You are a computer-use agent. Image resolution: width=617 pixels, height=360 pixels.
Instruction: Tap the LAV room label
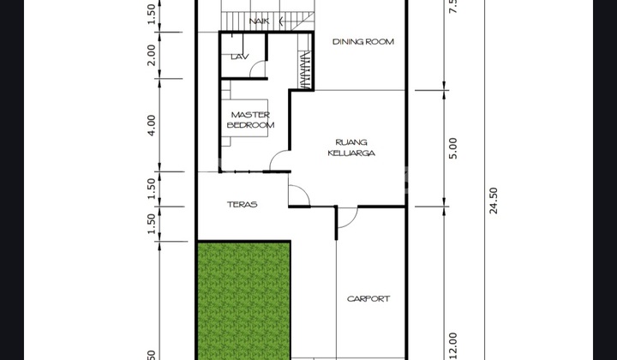coord(239,57)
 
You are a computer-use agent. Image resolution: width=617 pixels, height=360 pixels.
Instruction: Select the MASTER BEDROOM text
coord(251,120)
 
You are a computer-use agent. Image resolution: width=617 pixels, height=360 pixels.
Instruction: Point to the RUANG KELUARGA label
coord(351,147)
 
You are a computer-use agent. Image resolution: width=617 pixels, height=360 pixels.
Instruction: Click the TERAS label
coord(243,205)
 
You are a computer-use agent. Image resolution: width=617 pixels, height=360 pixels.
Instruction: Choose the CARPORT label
coord(368,299)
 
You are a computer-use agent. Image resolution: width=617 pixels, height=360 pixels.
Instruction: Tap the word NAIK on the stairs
coord(256,21)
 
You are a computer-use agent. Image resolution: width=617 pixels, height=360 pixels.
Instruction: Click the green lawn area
coord(244,300)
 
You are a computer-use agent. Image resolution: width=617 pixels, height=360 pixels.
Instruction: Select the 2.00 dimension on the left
coord(152,55)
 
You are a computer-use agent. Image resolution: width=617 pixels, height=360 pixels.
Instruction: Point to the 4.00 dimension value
coord(152,125)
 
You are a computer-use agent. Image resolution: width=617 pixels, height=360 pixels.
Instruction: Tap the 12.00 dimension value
coord(453,345)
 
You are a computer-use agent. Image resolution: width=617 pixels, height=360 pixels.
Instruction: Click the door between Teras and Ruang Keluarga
coord(297,196)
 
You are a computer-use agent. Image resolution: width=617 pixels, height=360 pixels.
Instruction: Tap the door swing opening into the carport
coord(345,221)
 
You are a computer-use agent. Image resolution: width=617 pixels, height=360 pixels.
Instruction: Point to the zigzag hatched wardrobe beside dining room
coord(306,70)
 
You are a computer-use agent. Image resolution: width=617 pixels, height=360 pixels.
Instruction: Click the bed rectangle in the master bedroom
coord(250,120)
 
